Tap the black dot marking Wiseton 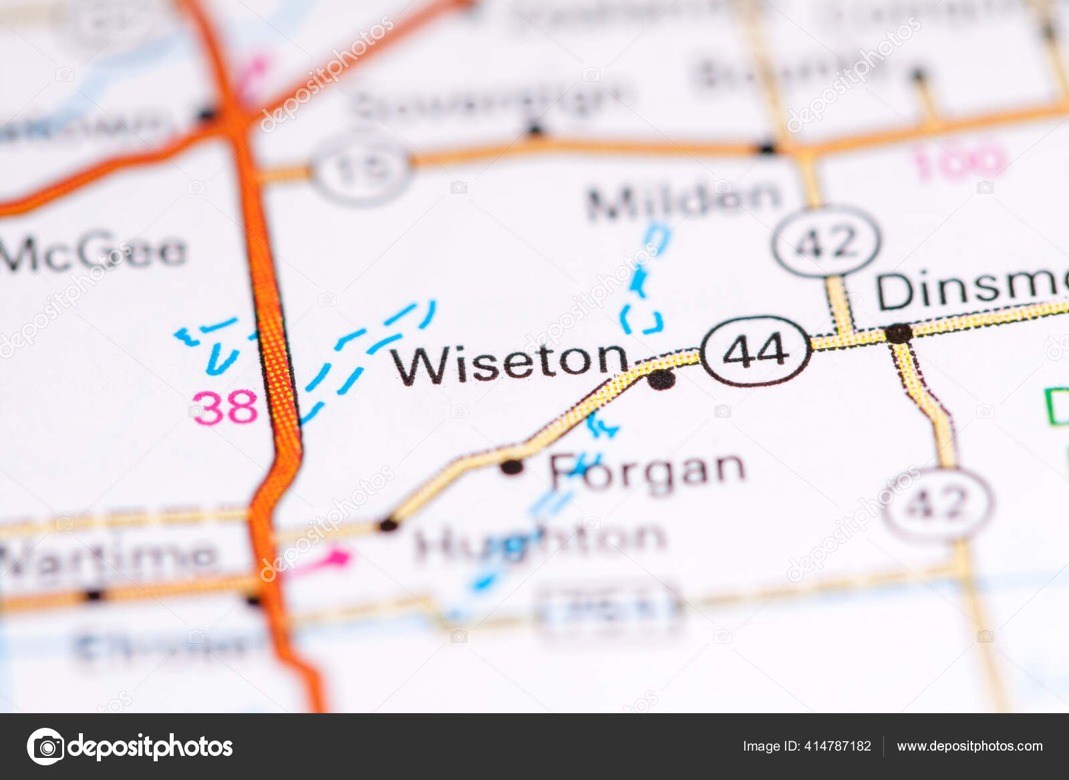coord(661,379)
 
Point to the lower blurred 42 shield coord(938,503)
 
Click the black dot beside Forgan coord(512,467)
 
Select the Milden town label coord(683,200)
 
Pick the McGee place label coord(94,252)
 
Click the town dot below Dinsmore coord(898,333)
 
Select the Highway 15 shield coord(361,170)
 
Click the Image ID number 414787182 coord(806,746)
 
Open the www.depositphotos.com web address coord(969,746)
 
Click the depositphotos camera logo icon coord(45,746)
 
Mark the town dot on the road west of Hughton coord(388,525)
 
